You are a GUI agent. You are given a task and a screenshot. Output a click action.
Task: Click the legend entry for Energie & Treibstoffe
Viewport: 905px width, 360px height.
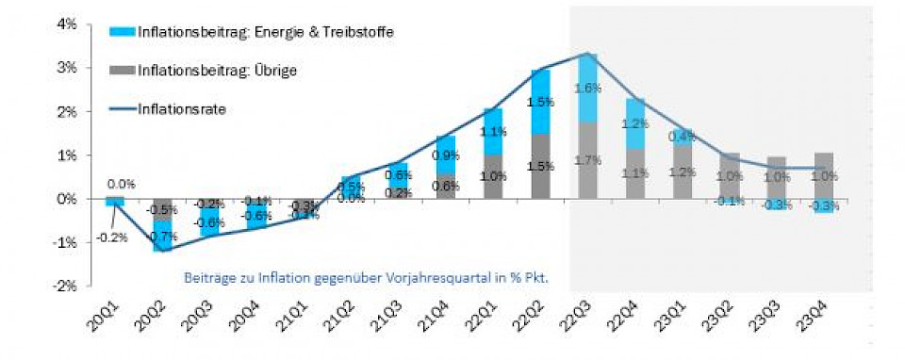[250, 32]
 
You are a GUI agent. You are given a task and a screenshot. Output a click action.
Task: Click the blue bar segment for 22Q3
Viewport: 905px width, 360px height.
[586, 88]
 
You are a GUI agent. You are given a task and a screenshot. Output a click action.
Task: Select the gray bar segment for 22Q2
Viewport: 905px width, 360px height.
[539, 166]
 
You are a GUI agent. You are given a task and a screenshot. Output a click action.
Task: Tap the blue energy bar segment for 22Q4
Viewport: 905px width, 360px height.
[633, 123]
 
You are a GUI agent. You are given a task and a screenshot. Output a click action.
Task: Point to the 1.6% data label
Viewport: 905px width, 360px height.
[586, 89]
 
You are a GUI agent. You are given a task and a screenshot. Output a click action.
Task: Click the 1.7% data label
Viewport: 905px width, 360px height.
[586, 160]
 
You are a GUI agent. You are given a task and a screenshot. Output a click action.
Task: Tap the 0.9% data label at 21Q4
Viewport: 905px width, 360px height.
[445, 155]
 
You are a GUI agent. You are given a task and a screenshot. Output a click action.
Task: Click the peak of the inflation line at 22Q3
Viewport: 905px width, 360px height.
[586, 54]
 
